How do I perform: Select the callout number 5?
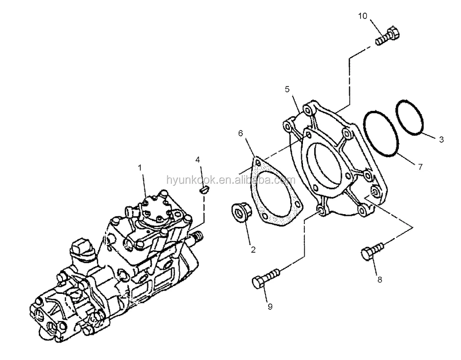tap(287, 89)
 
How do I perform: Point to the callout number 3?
tap(441, 139)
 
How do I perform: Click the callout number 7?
tap(420, 167)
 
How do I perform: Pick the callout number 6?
tap(240, 133)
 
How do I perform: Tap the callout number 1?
tap(140, 168)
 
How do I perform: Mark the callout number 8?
tap(379, 279)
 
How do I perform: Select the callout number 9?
tap(270, 307)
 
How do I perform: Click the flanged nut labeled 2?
tap(240, 212)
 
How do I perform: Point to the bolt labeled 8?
tap(372, 250)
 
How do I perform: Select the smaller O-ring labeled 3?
tap(409, 117)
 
